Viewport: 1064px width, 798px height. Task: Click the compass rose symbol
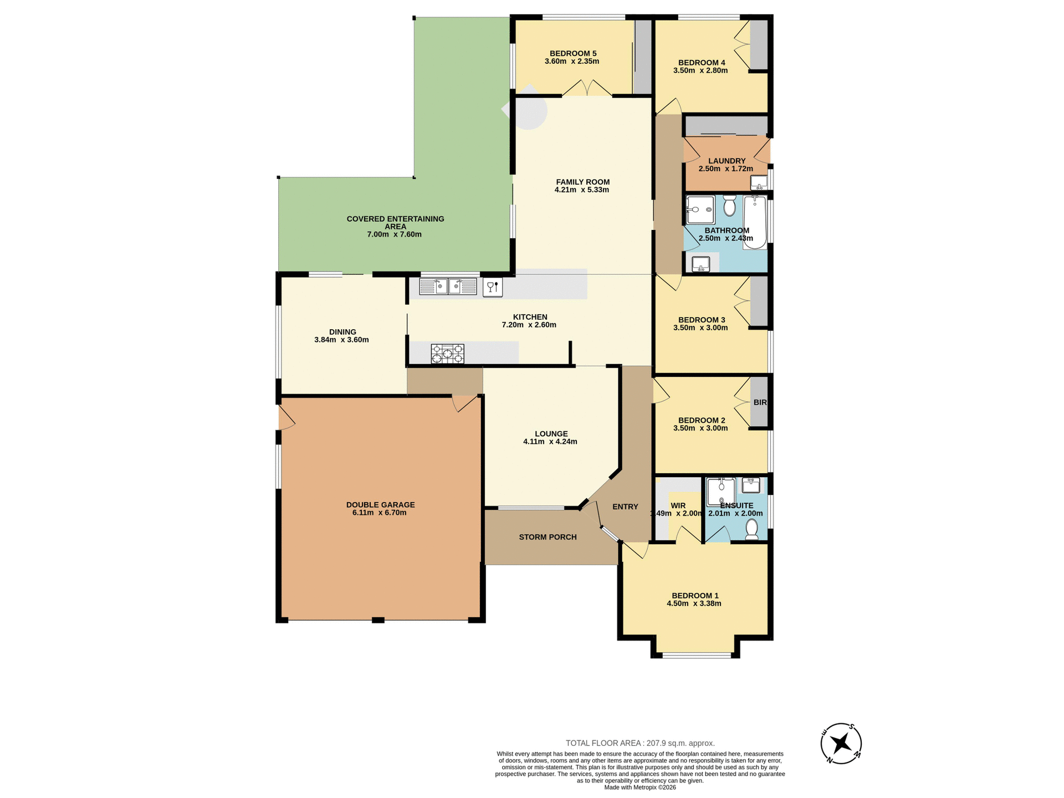pos(841,743)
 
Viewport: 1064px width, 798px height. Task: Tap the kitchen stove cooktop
pos(447,354)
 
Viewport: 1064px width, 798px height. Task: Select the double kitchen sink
pos(448,287)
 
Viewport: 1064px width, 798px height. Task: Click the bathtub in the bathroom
pos(755,222)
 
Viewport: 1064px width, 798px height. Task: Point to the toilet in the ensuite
pos(751,529)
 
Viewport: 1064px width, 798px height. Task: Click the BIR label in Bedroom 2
pos(760,402)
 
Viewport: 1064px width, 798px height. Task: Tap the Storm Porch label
pos(548,537)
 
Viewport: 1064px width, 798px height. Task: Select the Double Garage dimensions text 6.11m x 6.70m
pos(380,513)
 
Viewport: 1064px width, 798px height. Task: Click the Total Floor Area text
pos(640,743)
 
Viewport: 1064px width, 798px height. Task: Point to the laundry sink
pos(759,182)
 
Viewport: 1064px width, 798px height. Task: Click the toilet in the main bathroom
pos(729,205)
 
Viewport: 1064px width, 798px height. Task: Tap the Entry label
pos(625,507)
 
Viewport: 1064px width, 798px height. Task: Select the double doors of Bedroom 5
pos(587,89)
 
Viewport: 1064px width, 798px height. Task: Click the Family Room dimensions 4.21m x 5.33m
pos(582,190)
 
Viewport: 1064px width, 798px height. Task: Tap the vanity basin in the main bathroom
pos(701,264)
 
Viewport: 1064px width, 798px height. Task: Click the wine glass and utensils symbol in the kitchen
pos(493,287)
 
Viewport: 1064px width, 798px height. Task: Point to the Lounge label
pos(551,434)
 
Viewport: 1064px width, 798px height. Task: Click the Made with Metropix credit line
pos(640,787)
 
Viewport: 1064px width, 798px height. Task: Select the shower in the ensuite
pos(721,491)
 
